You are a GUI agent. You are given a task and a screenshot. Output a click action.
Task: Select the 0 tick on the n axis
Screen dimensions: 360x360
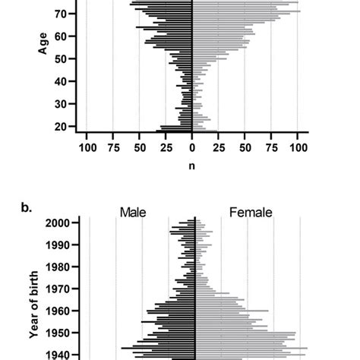(192, 148)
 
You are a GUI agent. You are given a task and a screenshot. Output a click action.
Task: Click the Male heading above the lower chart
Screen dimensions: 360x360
(133, 213)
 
